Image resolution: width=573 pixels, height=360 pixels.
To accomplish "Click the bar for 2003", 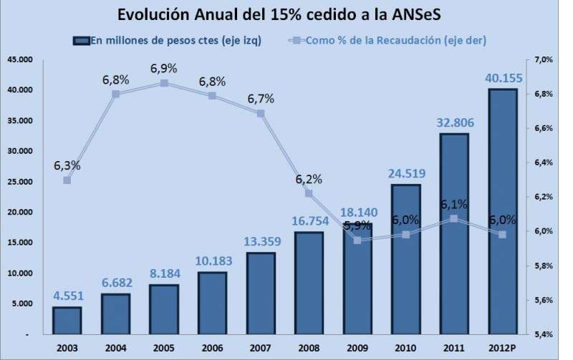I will pyautogui.click(x=67, y=321).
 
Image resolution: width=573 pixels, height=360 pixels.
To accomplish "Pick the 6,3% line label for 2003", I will pyautogui.click(x=67, y=166).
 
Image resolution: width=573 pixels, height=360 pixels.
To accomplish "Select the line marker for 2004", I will pyautogui.click(x=115, y=94).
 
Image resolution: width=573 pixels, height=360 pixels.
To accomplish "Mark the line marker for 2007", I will pyautogui.click(x=261, y=113).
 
